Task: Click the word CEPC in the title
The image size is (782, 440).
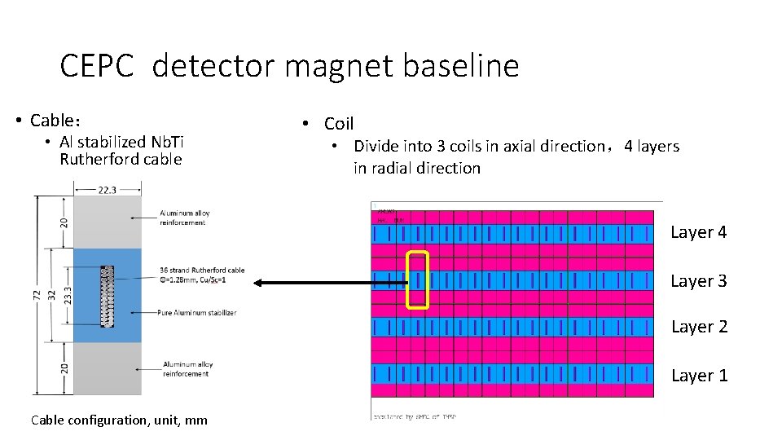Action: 96,66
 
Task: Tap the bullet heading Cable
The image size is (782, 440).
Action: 55,121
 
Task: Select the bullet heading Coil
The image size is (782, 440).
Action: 338,124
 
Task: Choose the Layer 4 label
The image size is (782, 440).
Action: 698,233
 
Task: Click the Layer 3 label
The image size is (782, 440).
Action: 698,281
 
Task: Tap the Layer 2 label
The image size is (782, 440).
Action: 698,328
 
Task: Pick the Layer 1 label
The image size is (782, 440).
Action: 698,376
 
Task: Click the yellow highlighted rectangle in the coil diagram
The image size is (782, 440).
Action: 417,280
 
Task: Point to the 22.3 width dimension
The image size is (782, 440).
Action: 108,189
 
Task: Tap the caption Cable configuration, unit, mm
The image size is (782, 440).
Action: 118,420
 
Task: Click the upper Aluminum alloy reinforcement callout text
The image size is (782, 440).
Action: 185,218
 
